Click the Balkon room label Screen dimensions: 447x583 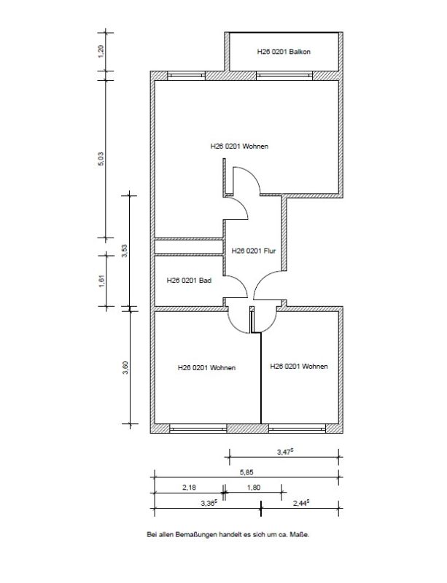coord(284,52)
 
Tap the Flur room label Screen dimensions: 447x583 coord(254,251)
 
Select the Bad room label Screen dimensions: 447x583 coord(189,281)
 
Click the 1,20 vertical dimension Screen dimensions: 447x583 coord(102,51)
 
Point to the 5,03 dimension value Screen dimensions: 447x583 coord(101,159)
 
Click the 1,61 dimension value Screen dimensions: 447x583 coord(102,281)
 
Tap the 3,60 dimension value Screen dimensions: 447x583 coord(125,368)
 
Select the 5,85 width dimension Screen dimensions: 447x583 coord(246,472)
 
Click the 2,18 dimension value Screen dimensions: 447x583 coord(189,487)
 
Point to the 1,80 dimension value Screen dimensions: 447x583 coord(254,487)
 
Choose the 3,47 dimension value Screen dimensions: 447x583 coord(285,452)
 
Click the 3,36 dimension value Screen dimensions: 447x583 coord(209,503)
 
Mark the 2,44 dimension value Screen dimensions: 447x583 coord(301,503)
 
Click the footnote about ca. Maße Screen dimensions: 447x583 coord(228,535)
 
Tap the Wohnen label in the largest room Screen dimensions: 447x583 coord(239,146)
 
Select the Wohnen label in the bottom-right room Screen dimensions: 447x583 coord(299,367)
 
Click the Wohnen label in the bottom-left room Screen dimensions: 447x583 coord(206,368)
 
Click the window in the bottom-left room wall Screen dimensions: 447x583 coord(198,429)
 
